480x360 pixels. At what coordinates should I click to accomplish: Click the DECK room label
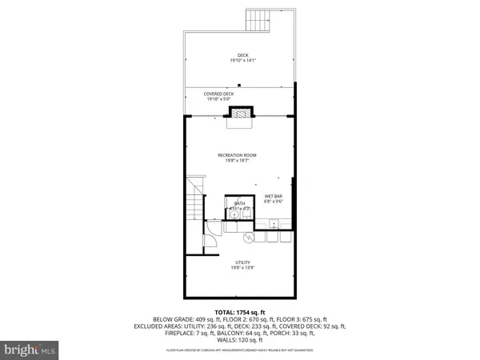point(241,55)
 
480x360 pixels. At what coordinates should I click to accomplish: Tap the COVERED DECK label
point(241,94)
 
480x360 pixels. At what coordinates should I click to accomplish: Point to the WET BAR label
point(273,196)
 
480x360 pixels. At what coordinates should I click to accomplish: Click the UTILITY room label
point(241,262)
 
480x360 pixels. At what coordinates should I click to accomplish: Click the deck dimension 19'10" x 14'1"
point(241,61)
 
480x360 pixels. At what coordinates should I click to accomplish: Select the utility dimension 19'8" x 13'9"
point(241,267)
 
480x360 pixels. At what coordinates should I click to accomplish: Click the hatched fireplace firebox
point(241,114)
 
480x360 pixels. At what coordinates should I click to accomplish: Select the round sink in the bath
point(234,214)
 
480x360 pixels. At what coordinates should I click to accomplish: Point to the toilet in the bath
point(246,213)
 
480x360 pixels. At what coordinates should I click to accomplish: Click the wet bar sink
point(274,225)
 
